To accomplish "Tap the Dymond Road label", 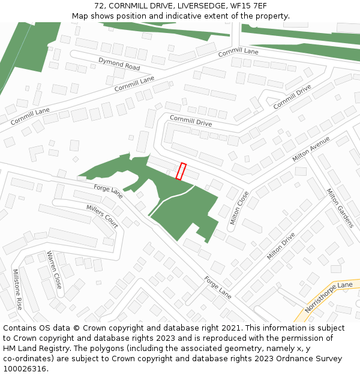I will (x=119, y=64).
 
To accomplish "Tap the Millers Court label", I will (x=102, y=216).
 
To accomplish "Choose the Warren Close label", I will (x=55, y=269).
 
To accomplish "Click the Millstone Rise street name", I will (x=17, y=289).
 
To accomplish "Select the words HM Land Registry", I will (x=34, y=349).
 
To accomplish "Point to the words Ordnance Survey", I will (x=308, y=359).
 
